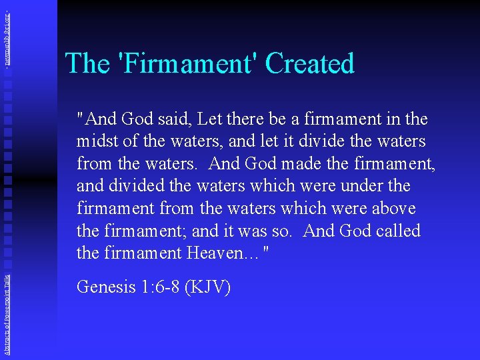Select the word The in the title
pyautogui.click(x=87, y=64)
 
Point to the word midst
pyautogui.click(x=97, y=142)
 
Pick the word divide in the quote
pyautogui.click(x=319, y=142)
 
